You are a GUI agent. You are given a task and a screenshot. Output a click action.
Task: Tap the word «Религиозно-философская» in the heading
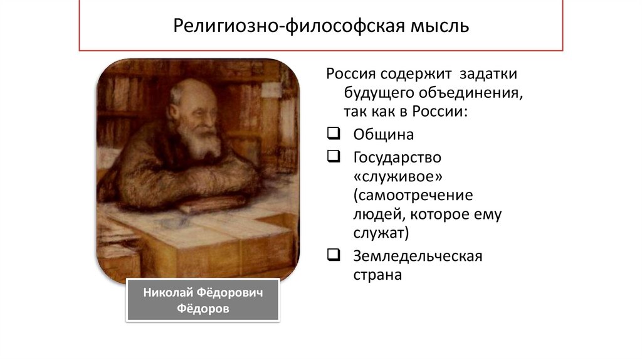(287, 27)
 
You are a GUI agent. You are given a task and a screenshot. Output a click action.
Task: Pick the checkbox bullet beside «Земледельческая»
(333, 255)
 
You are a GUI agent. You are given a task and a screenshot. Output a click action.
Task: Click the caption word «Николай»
(167, 292)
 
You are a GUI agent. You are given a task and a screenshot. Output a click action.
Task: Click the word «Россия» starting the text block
(350, 74)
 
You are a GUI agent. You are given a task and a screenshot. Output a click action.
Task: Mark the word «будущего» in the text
(375, 94)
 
